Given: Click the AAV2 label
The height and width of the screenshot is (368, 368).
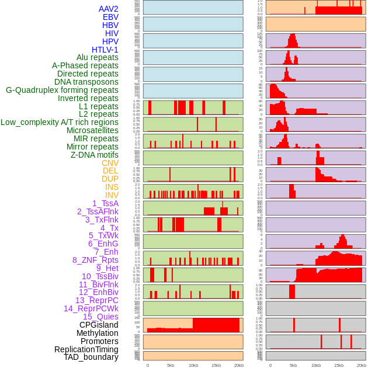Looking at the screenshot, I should pyautogui.click(x=108, y=9).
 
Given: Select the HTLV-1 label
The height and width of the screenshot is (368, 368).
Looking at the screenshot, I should pyautogui.click(x=105, y=50).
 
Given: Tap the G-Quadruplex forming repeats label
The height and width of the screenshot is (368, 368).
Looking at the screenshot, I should pyautogui.click(x=62, y=90).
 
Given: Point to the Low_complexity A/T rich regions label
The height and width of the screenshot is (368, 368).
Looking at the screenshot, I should pyautogui.click(x=60, y=122).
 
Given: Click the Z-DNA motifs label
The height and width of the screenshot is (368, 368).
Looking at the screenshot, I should pyautogui.click(x=95, y=155).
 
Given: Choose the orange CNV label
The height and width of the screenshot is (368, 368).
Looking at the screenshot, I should pyautogui.click(x=110, y=163).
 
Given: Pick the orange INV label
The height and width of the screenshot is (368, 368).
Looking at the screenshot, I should pyautogui.click(x=112, y=195).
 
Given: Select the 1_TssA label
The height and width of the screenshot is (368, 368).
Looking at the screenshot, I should pyautogui.click(x=105, y=203).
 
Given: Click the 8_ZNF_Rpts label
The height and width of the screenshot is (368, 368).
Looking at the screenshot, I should pyautogui.click(x=95, y=260).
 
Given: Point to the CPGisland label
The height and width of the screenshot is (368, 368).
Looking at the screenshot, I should pyautogui.click(x=99, y=325).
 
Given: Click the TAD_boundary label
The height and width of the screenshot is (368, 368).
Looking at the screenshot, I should pyautogui.click(x=91, y=357).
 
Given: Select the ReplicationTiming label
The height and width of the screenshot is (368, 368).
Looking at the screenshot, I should pyautogui.click(x=86, y=349).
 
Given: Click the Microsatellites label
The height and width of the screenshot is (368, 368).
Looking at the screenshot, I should pyautogui.click(x=92, y=130).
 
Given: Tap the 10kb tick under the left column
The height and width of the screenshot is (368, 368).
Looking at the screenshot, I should pyautogui.click(x=193, y=365).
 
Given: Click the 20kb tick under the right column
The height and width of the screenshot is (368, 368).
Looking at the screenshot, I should pyautogui.click(x=362, y=365).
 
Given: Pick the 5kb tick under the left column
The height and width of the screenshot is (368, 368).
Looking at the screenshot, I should pyautogui.click(x=171, y=365).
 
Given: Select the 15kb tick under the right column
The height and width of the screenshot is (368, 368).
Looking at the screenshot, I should pyautogui.click(x=339, y=365).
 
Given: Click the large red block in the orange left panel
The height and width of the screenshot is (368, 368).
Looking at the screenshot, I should pyautogui.click(x=216, y=325).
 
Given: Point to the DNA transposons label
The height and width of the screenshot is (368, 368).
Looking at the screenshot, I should pyautogui.click(x=86, y=82).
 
